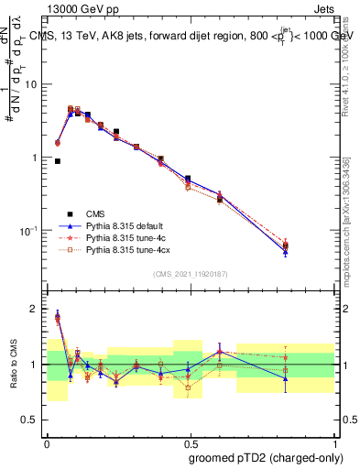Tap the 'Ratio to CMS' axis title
12,365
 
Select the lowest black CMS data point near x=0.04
58,161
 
